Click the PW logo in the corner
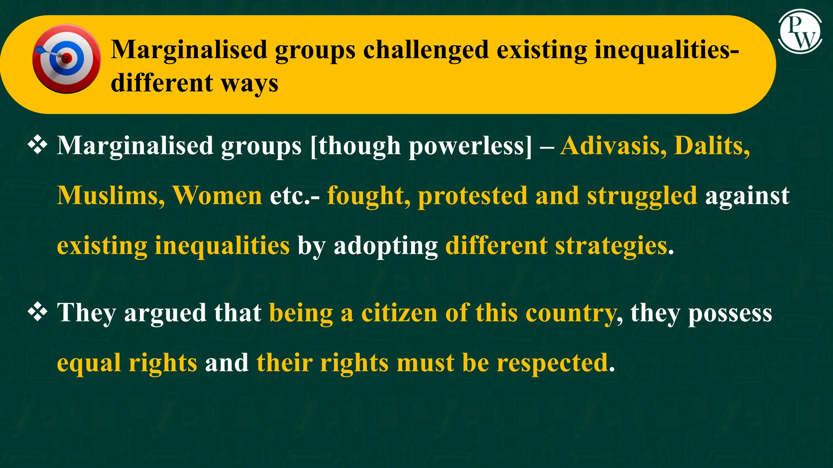800,32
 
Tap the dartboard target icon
66,59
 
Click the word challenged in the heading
425,50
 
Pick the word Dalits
712,145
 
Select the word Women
217,195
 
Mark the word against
747,196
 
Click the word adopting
386,246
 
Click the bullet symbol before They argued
37,312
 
